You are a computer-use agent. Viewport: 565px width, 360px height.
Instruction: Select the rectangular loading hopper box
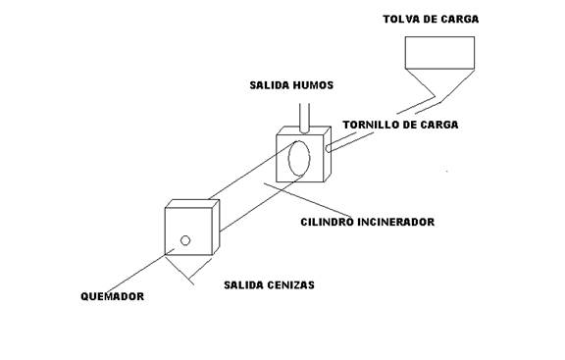[x=439, y=52]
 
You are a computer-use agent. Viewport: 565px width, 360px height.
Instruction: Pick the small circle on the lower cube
[x=185, y=240]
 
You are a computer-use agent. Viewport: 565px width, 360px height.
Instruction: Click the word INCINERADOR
[x=397, y=222]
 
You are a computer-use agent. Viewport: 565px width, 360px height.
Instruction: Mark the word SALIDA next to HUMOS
[x=268, y=85]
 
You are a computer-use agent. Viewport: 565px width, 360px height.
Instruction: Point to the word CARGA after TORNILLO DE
[x=438, y=126]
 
